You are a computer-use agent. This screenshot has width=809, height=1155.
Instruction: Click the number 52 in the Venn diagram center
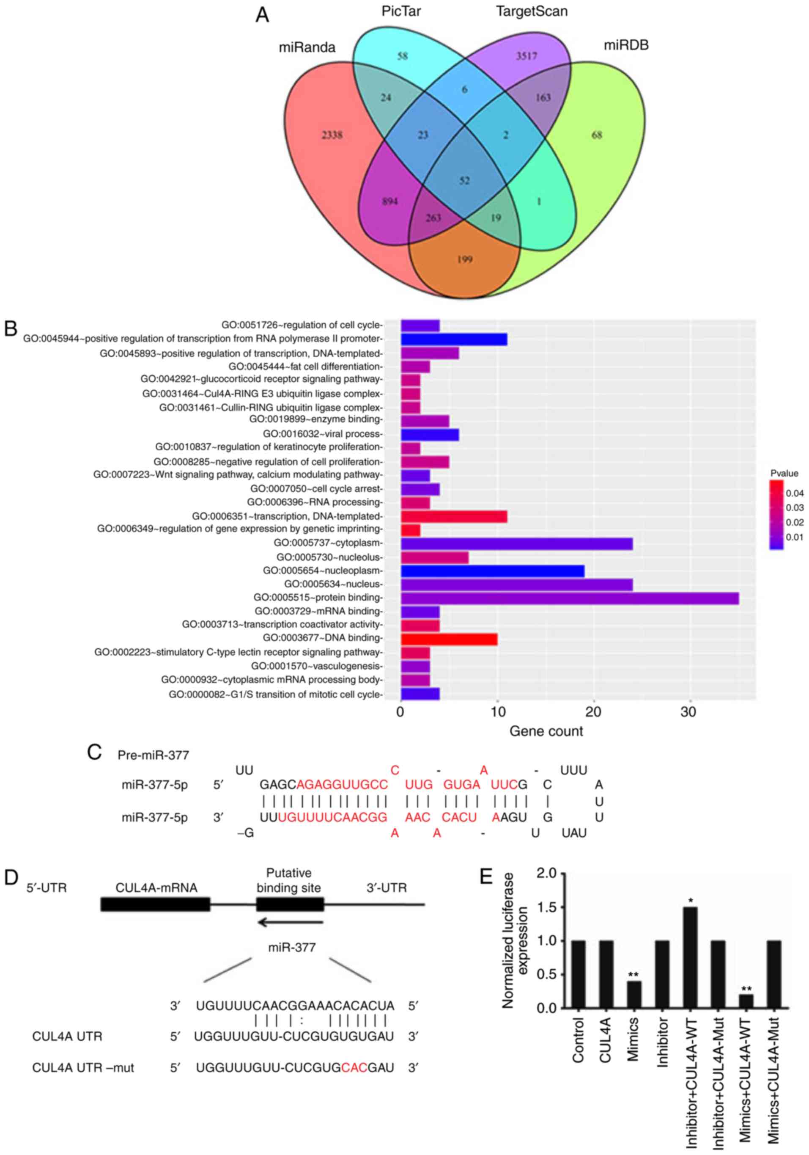[464, 180]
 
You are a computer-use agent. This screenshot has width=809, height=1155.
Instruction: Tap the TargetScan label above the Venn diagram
[532, 11]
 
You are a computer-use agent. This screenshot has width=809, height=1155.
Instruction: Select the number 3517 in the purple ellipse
[527, 56]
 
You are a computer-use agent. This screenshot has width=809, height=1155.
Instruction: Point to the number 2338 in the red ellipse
[332, 135]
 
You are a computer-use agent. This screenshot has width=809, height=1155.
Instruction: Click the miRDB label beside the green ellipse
[626, 45]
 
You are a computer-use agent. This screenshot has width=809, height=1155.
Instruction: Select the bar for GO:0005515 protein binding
[569, 598]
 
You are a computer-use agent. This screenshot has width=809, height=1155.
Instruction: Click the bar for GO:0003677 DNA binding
[449, 639]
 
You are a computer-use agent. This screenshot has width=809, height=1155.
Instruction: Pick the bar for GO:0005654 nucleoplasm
[492, 571]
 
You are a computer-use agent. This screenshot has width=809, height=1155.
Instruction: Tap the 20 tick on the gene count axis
[594, 712]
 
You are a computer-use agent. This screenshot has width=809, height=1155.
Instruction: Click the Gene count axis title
[546, 731]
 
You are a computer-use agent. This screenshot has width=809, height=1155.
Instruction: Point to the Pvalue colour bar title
[784, 473]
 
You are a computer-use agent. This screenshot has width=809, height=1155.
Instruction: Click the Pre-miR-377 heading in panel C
[154, 755]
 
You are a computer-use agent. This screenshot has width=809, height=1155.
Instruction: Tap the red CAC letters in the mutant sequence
[354, 1067]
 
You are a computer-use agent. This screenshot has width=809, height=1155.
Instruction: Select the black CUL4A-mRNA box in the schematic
[155, 904]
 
